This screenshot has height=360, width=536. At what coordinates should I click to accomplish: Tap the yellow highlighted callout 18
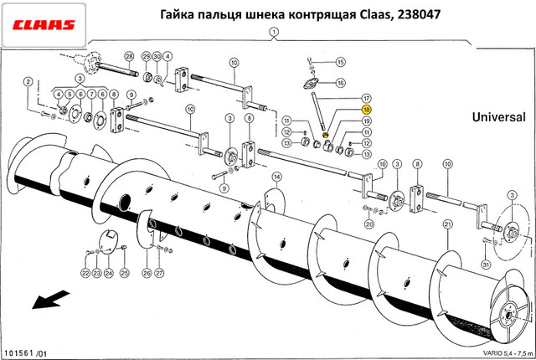[366, 109]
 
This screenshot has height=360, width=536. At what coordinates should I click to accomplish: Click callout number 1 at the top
[272, 32]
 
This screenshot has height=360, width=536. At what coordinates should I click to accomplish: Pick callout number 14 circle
[276, 177]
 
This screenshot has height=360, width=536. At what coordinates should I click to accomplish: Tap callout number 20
[369, 224]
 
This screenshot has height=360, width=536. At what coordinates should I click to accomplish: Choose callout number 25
[124, 273]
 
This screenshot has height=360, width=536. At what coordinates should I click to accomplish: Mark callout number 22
[85, 273]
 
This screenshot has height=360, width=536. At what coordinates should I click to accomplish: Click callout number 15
[340, 63]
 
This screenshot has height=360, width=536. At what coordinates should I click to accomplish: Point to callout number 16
[340, 83]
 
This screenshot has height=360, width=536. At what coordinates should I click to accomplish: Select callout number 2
[28, 82]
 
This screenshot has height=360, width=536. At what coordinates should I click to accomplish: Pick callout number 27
[160, 273]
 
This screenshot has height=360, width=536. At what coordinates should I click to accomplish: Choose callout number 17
[366, 98]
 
